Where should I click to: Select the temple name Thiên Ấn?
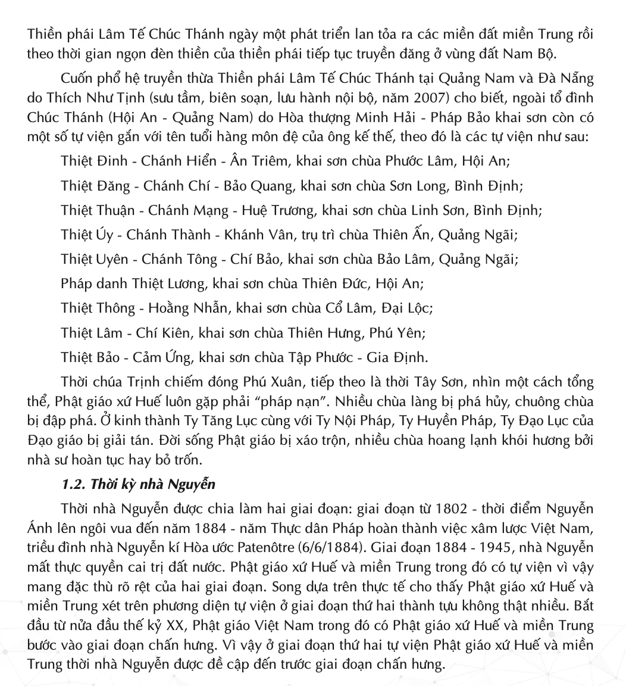click(x=408, y=236)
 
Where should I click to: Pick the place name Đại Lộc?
click(x=405, y=308)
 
